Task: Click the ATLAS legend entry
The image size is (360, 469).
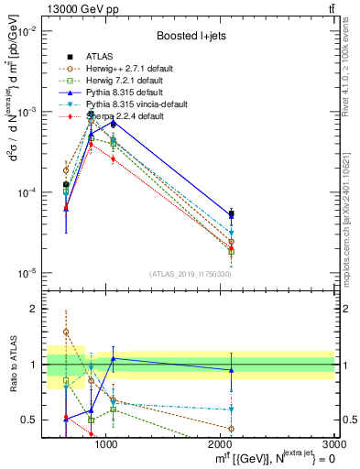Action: point(96,57)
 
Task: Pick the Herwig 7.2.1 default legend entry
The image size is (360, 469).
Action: point(117,81)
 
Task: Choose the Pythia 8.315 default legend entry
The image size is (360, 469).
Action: point(117,93)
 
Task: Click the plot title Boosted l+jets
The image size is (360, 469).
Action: point(191,36)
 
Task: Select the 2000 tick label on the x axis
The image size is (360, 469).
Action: point(220,444)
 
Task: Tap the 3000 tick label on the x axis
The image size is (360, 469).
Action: point(333,444)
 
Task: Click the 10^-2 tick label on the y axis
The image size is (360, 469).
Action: point(27,31)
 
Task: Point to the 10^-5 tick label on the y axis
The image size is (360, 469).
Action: point(27,273)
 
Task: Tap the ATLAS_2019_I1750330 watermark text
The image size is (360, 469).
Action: point(191,274)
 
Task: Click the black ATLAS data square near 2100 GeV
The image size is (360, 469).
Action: point(231,213)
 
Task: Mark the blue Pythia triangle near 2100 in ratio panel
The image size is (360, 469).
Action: point(231,370)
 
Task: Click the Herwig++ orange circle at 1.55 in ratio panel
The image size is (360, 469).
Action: point(66,333)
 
